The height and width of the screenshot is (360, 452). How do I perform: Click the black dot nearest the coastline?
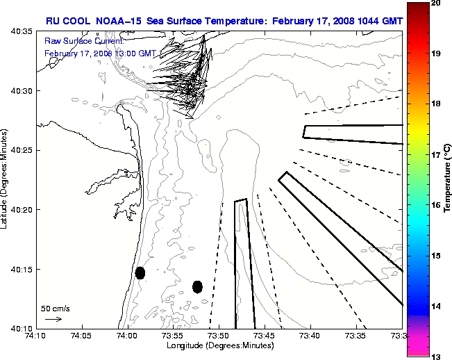coord(140,272)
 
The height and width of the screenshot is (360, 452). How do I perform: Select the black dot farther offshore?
coord(197,286)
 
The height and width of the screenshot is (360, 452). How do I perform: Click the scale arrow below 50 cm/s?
coord(53,319)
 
